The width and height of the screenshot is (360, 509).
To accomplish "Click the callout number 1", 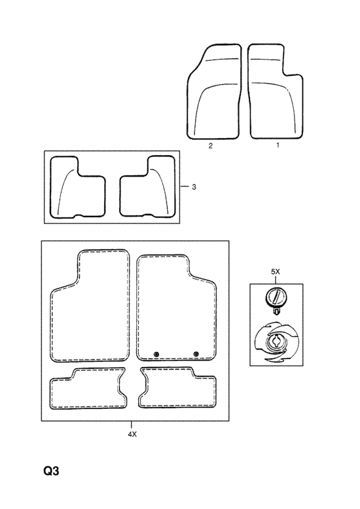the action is [278, 145].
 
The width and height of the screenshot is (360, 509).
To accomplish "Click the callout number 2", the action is [211, 146].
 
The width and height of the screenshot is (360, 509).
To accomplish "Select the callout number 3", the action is [194, 187].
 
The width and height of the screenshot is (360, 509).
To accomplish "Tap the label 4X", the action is [132, 434].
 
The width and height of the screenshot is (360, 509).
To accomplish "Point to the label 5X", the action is [275, 272].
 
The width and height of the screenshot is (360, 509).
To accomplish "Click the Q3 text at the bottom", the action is [51, 470].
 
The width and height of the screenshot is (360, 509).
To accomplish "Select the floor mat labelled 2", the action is [214, 92].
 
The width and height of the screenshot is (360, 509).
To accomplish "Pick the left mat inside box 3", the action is [78, 186].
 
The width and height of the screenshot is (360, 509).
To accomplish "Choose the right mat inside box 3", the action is [147, 186].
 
